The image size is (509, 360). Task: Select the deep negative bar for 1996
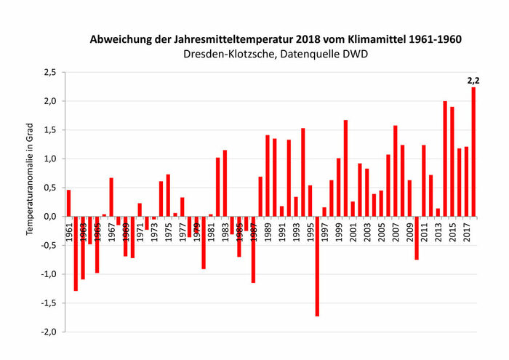(317, 266)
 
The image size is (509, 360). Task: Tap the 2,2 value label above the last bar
(473, 81)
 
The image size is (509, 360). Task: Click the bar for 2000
(345, 168)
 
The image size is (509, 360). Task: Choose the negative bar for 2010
(417, 238)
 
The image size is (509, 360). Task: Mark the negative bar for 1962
(76, 253)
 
